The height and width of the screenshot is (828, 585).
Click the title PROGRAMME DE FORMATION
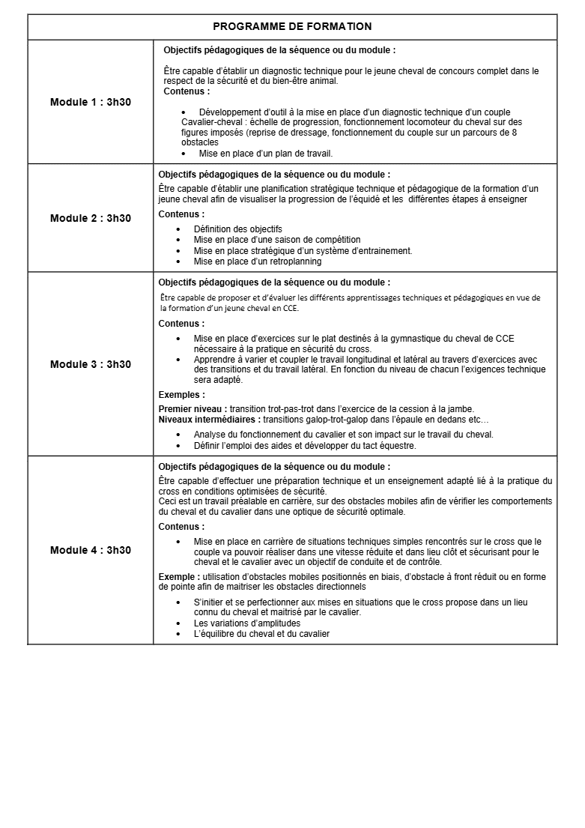pos(292,26)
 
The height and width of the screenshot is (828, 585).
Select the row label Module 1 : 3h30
pos(91,102)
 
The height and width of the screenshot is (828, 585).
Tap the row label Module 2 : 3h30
pos(91,218)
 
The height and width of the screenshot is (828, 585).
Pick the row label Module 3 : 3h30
pos(91,364)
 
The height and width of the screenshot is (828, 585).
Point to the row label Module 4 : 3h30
pos(91,550)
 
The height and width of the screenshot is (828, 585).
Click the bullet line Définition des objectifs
pos(237,229)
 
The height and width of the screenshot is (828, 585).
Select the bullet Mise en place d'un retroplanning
pos(257,262)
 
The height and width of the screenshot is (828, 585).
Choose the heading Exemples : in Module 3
pos(181,395)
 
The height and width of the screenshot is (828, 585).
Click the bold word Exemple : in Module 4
pos(179,577)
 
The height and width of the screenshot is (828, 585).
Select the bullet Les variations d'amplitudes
pos(246,623)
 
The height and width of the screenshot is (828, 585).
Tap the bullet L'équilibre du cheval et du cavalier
pos(261,634)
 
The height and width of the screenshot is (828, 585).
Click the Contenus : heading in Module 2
pos(181,214)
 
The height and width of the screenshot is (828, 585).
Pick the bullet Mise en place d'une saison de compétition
pos(276,240)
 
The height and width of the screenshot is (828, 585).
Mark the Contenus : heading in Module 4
pos(181,527)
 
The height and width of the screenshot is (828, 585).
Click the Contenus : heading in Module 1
pos(187,91)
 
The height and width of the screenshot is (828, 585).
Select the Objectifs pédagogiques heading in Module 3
pos(273,282)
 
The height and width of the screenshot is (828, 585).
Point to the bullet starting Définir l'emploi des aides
pos(304,445)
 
